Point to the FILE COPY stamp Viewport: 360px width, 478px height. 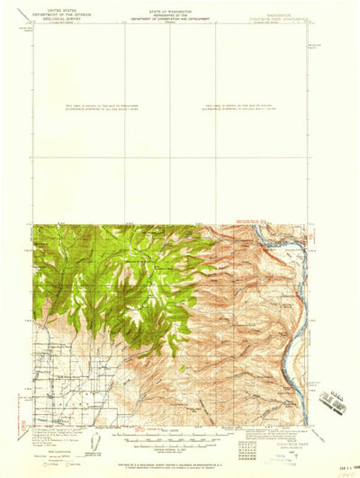(x=333, y=406)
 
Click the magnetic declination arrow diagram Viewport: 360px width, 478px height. (x=97, y=442)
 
